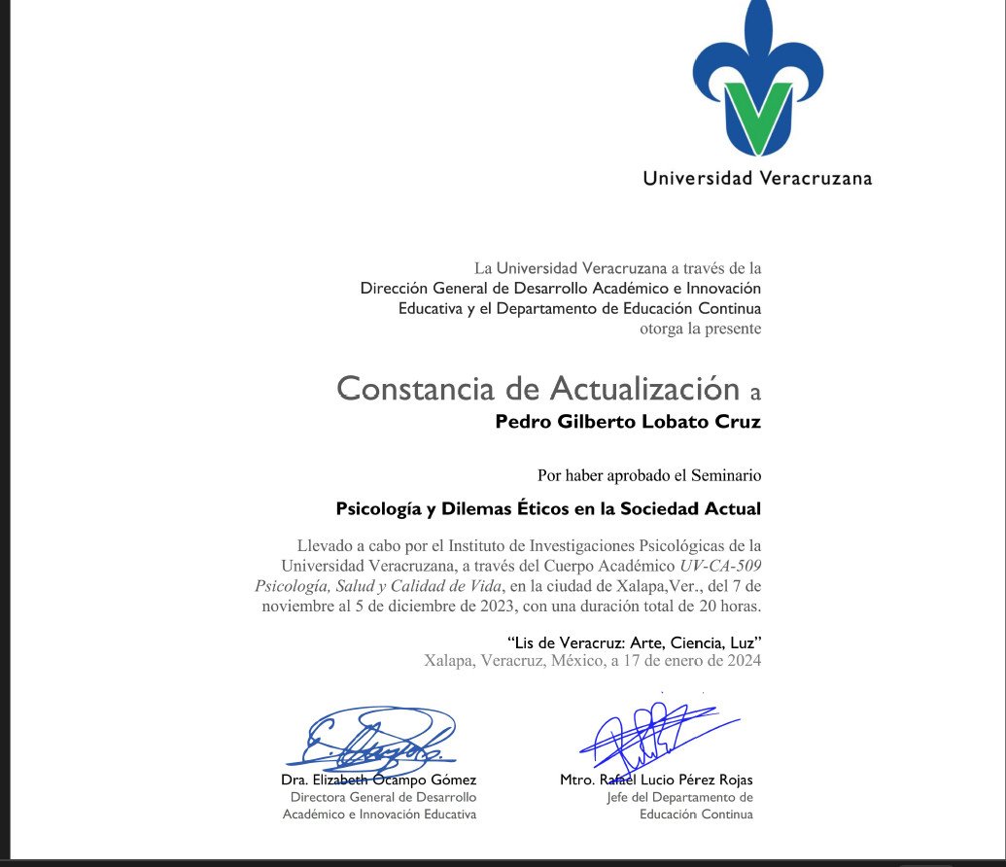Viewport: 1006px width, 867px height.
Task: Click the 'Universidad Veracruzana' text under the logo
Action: (x=757, y=178)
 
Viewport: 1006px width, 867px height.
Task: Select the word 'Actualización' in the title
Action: (x=644, y=389)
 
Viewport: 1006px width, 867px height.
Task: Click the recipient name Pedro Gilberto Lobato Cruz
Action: (x=628, y=422)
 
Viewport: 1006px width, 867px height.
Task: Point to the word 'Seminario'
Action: (x=726, y=475)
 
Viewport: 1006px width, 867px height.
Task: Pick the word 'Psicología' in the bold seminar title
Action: (x=378, y=507)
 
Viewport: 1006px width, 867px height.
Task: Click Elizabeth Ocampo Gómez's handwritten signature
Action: (x=379, y=744)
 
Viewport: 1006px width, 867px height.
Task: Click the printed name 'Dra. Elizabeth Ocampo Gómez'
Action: (x=379, y=780)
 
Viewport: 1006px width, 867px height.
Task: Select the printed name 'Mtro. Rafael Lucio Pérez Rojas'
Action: (x=656, y=780)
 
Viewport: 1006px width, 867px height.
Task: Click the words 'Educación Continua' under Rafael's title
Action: (x=696, y=814)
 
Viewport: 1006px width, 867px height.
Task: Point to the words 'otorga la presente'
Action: (x=700, y=329)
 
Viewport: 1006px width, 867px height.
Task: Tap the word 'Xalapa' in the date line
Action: (x=449, y=661)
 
